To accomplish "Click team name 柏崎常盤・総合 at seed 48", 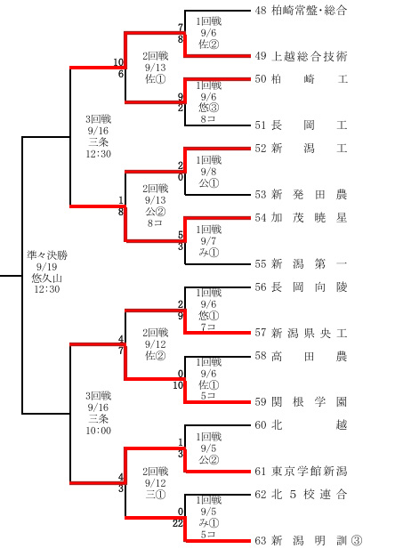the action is tap(309, 11).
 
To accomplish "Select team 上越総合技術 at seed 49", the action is tap(309, 56).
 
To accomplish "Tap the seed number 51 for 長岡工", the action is tap(261, 125).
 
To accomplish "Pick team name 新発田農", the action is tap(309, 194).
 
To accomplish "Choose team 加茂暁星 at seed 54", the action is tap(309, 217).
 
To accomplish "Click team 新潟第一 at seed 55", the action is tap(309, 263).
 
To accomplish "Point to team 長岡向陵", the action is tap(309, 287).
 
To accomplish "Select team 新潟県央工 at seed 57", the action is tap(309, 333).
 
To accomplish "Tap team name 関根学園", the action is tap(309, 402).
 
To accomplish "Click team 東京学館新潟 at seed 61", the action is tap(309, 471).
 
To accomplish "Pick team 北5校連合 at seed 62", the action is tap(309, 494).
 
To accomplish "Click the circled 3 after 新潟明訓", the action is tap(357, 541).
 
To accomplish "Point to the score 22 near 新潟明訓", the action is tap(178, 523).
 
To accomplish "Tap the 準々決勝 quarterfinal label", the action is tap(47, 255).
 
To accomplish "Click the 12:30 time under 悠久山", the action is tap(47, 289).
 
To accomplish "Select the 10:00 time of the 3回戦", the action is tap(99, 431).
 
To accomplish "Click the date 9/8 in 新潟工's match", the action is tap(208, 172).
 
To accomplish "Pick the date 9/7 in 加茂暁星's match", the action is tap(208, 241).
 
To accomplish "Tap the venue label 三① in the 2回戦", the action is tap(155, 494).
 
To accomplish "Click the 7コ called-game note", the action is tap(208, 327).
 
